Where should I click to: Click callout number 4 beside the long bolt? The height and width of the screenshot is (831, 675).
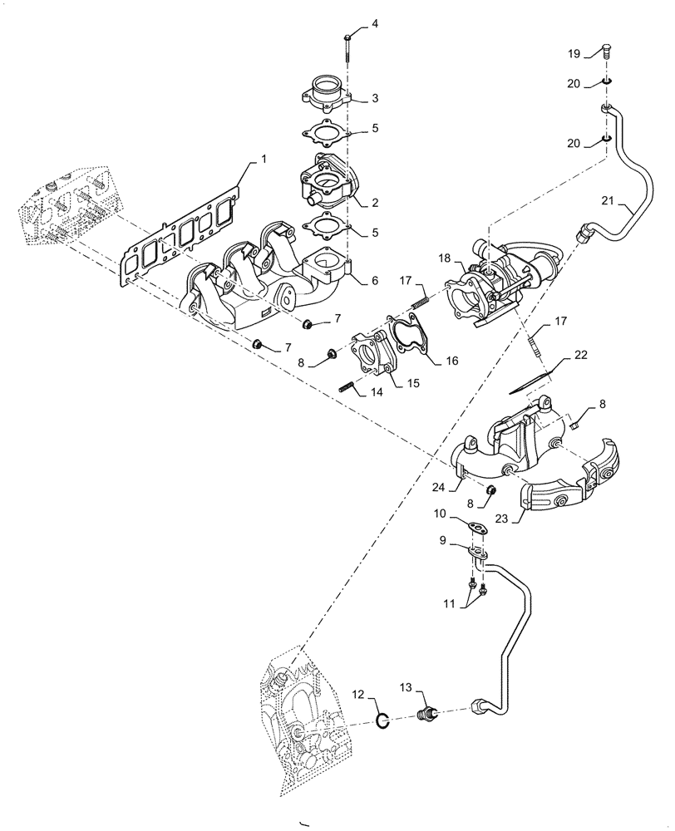tap(374, 23)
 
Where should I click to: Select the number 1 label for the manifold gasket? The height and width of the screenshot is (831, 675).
tap(265, 159)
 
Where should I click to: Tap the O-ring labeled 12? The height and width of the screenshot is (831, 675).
tap(382, 722)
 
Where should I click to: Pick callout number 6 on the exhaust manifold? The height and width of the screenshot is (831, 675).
tap(374, 282)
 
